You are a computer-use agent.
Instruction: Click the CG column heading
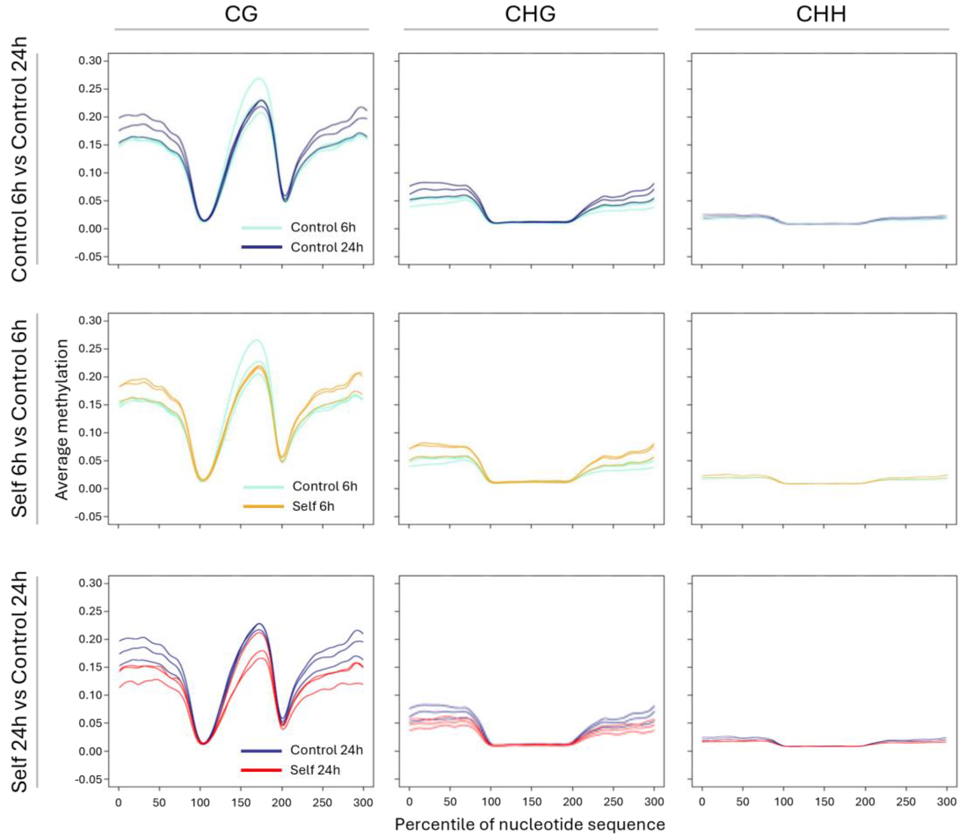point(241,14)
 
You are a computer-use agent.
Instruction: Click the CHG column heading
point(530,14)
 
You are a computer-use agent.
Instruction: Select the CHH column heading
point(821,14)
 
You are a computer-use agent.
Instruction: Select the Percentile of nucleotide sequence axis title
point(530,824)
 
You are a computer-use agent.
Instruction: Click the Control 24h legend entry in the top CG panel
point(327,247)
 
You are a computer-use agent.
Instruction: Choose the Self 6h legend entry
point(313,506)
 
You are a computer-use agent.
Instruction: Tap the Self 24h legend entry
point(315,770)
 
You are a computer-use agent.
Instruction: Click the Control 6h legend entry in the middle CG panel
point(325,486)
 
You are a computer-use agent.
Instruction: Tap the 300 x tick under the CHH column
point(946,802)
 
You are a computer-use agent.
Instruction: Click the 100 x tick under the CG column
point(200,802)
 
